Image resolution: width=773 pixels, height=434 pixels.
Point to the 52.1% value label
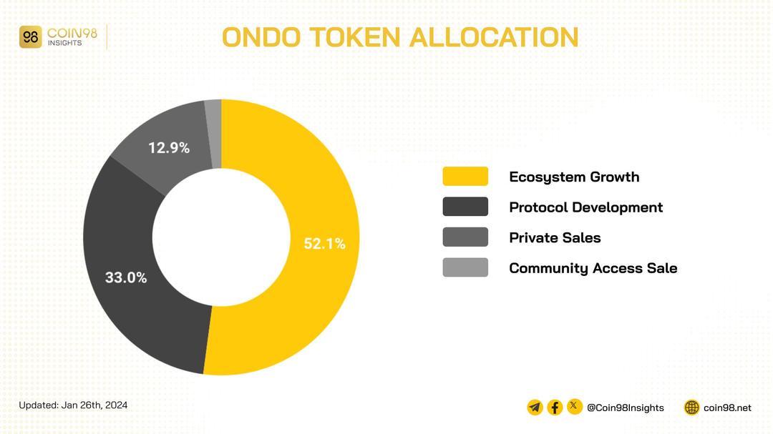pyautogui.click(x=324, y=244)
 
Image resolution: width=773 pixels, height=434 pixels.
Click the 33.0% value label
pyautogui.click(x=126, y=277)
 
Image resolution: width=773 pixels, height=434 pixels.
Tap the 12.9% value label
pyautogui.click(x=169, y=148)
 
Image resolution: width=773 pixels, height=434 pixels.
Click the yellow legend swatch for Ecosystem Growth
pyautogui.click(x=465, y=177)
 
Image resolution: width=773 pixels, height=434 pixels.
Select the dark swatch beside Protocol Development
pyautogui.click(x=465, y=207)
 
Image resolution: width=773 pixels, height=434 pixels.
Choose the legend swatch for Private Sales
pyautogui.click(x=465, y=237)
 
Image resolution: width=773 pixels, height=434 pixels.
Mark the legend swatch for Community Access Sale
pyautogui.click(x=465, y=267)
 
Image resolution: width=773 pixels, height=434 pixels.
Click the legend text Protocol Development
pyautogui.click(x=585, y=207)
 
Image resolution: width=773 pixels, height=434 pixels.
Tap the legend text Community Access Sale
pyautogui.click(x=593, y=268)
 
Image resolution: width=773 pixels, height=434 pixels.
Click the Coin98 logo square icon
pyautogui.click(x=31, y=37)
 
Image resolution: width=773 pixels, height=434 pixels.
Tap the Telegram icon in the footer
pyautogui.click(x=535, y=408)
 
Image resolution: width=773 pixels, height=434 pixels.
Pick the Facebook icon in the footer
pyautogui.click(x=555, y=408)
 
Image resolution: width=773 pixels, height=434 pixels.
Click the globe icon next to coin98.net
pyautogui.click(x=691, y=408)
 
